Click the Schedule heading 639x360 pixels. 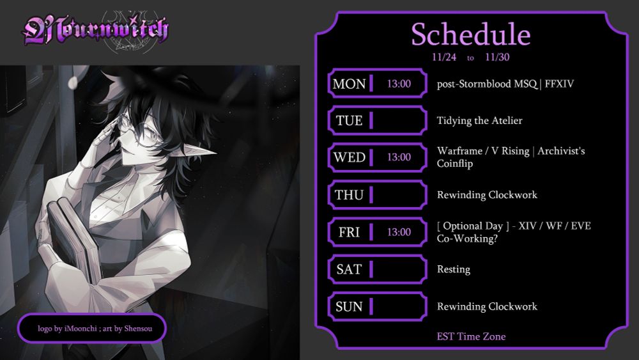point(470,35)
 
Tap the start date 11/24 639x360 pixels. point(443,58)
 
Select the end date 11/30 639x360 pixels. point(497,58)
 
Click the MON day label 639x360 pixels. point(349,84)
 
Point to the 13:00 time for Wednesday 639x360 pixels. point(399,157)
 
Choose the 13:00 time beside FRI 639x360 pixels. point(399,232)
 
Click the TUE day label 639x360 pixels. point(349,121)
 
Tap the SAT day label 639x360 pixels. point(349,269)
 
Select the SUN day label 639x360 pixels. point(349,306)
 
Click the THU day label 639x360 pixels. point(349,195)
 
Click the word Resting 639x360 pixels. point(453,269)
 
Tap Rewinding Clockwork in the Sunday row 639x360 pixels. point(487,306)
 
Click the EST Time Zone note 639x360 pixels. point(471,336)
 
